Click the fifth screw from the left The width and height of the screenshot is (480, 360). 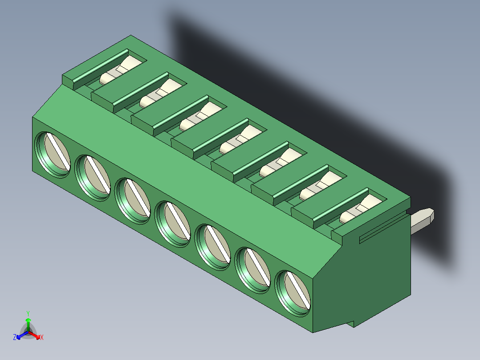pyautogui.click(x=213, y=245)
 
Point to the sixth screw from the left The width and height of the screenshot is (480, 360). pyautogui.click(x=253, y=270)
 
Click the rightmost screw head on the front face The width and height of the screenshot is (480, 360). pyautogui.click(x=293, y=292)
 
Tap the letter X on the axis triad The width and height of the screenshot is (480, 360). pyautogui.click(x=41, y=338)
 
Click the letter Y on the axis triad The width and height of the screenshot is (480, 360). pyautogui.click(x=28, y=313)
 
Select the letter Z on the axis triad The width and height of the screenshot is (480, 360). pyautogui.click(x=15, y=338)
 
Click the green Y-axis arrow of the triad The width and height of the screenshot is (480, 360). pyautogui.click(x=28, y=322)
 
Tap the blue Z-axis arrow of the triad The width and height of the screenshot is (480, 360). pyautogui.click(x=20, y=335)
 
